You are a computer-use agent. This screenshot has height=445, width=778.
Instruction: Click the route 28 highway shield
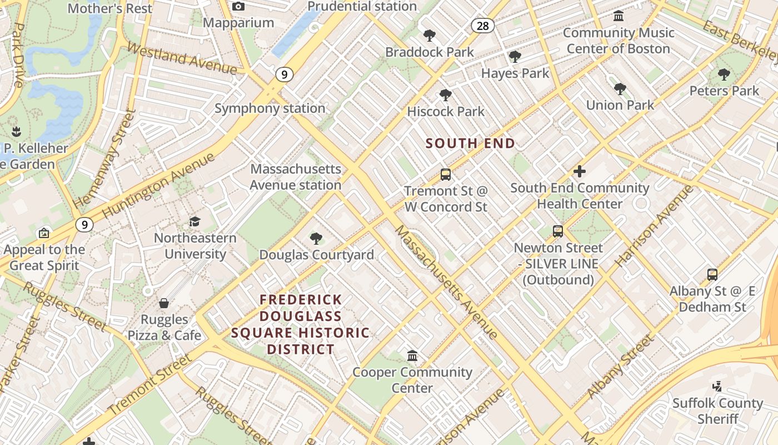[x=482, y=26]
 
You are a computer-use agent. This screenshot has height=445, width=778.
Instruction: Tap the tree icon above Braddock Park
[x=429, y=36]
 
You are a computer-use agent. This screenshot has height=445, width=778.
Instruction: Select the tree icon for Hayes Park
[x=515, y=57]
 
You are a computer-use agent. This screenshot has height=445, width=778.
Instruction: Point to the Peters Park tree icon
[x=724, y=75]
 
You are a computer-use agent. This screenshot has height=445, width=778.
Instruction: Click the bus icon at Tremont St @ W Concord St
[x=445, y=175]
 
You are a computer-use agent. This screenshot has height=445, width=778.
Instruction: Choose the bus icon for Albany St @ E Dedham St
[x=712, y=274]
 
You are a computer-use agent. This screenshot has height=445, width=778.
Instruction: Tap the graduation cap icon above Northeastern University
[x=194, y=222]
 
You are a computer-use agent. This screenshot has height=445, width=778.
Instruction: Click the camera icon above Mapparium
[x=238, y=7]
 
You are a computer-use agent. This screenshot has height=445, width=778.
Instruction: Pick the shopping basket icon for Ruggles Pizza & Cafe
[x=164, y=303]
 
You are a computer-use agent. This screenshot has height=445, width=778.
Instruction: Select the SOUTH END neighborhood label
[x=470, y=144]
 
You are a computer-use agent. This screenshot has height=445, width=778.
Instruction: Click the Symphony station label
[x=270, y=108]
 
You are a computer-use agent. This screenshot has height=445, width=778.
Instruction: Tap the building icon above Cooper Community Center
[x=412, y=355]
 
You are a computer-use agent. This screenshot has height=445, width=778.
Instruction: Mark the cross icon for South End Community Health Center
[x=579, y=171]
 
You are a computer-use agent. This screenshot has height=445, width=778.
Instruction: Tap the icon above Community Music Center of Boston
[x=618, y=16]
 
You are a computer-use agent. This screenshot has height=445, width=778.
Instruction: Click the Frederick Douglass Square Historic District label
[x=301, y=325]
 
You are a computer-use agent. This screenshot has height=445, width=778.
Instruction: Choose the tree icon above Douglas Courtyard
[x=316, y=239]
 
